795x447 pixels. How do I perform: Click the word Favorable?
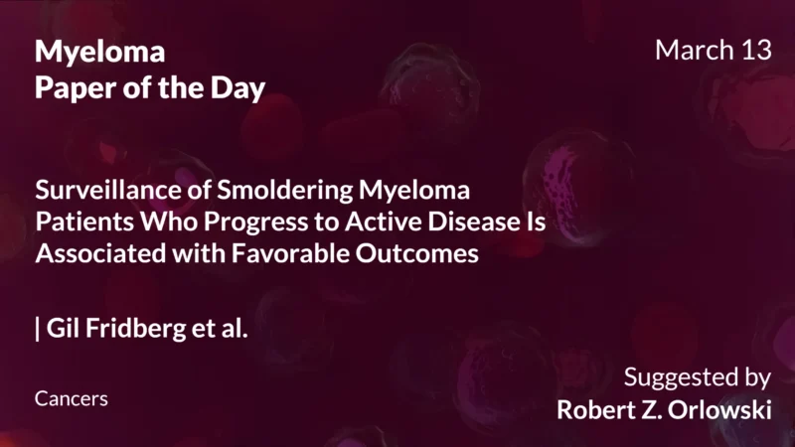click(x=278, y=253)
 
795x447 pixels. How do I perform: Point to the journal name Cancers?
click(x=71, y=398)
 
